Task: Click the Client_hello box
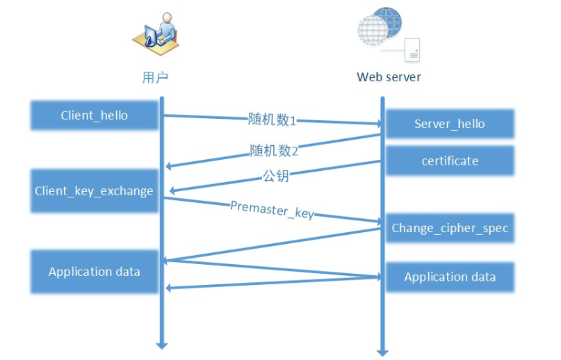pyautogui.click(x=94, y=115)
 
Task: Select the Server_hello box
pyautogui.click(x=450, y=124)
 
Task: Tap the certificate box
pyautogui.click(x=450, y=161)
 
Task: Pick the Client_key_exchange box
pyautogui.click(x=94, y=190)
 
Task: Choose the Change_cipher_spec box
pyautogui.click(x=450, y=228)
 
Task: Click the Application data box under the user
pyautogui.click(x=94, y=271)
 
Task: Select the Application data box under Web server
pyautogui.click(x=450, y=277)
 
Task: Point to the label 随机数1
pyautogui.click(x=273, y=119)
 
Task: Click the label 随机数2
pyautogui.click(x=274, y=150)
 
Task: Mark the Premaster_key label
pyautogui.click(x=272, y=209)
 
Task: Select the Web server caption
pyautogui.click(x=389, y=77)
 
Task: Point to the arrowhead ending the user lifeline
pyautogui.click(x=162, y=344)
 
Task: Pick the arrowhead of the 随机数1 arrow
pyautogui.click(x=378, y=124)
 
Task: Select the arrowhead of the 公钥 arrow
pyautogui.click(x=168, y=190)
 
